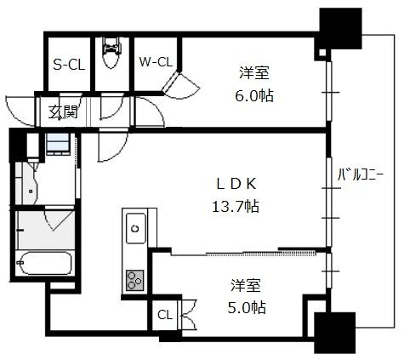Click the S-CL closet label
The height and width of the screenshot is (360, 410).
click(69, 65)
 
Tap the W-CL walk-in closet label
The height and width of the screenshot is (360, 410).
click(156, 62)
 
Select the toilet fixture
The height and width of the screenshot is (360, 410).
click(111, 53)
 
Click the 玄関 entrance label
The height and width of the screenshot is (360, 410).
click(63, 112)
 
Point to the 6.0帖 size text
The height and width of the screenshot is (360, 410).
click(254, 95)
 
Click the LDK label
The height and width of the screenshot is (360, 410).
click(236, 184)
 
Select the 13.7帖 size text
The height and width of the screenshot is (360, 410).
click(236, 206)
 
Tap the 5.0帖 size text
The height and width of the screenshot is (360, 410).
click(247, 307)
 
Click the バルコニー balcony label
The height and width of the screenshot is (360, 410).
click(361, 174)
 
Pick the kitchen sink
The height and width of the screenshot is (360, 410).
click(136, 228)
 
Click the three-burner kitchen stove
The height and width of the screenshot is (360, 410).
click(135, 280)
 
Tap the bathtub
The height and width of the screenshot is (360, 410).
click(44, 263)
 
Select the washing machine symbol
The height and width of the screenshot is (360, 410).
click(58, 144)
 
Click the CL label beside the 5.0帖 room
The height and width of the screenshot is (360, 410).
click(165, 315)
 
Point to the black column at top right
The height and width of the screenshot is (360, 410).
click(339, 30)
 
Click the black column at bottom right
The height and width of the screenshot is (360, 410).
click(335, 333)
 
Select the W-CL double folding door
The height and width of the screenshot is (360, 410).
click(179, 84)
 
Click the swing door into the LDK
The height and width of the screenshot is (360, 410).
click(112, 145)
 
